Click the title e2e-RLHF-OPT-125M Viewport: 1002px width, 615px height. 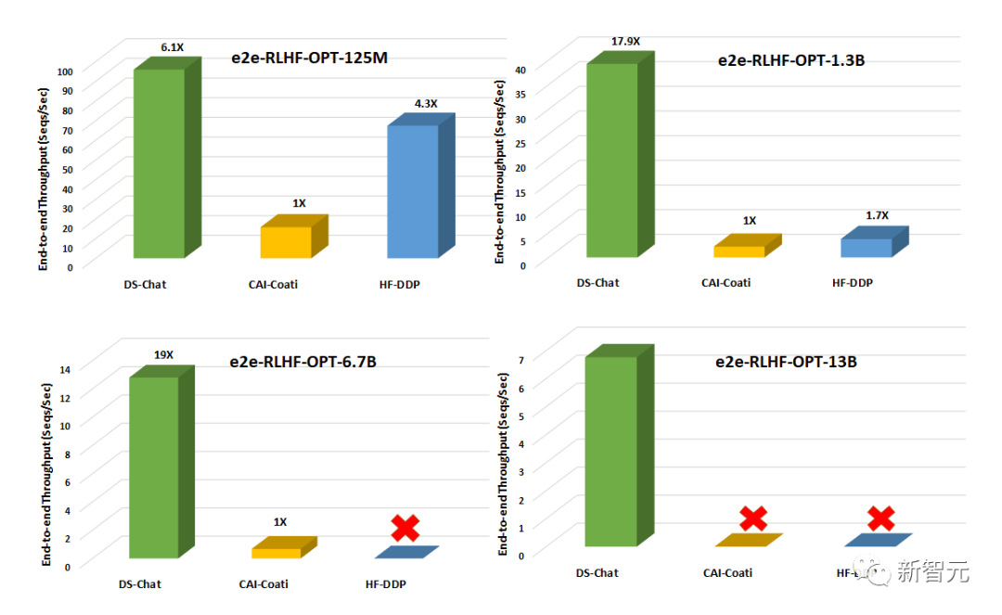309,58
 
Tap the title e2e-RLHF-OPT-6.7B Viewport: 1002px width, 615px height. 302,361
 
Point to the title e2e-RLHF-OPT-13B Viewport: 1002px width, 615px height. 786,362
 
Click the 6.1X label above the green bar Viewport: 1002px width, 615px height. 173,46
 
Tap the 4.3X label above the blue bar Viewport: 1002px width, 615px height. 426,104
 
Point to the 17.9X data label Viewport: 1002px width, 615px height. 625,41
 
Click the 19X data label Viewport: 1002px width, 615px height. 163,354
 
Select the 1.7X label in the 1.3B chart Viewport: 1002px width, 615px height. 877,215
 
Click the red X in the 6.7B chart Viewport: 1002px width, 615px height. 405,528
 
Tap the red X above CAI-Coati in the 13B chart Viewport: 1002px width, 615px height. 753,519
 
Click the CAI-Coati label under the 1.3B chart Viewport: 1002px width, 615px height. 726,282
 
